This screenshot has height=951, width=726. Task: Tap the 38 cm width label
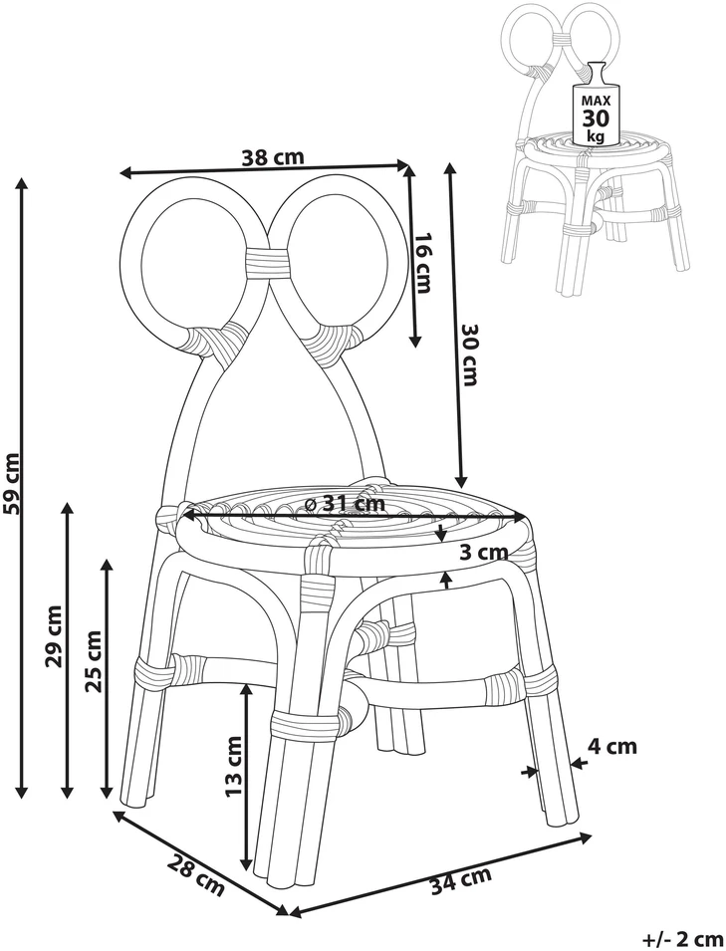272,157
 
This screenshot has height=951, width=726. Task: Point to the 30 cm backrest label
470,355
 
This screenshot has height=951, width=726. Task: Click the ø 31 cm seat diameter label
346,503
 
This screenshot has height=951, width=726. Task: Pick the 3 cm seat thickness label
483,552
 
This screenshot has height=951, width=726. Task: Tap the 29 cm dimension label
55,635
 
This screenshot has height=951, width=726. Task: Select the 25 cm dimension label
95,661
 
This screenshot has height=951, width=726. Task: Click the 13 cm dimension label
233,766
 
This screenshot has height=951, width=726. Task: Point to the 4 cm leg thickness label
613,746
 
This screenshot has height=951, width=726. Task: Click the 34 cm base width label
461,881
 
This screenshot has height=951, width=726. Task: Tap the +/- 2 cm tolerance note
682,939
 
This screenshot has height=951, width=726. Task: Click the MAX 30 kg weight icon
595,104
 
